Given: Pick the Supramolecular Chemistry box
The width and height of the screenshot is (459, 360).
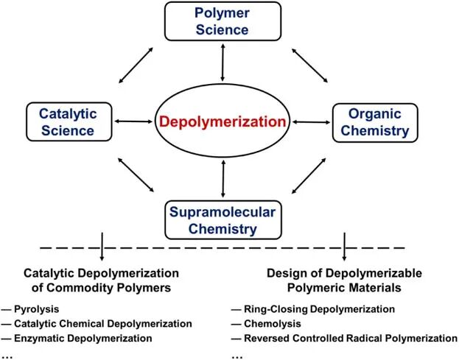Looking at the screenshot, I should [223, 220].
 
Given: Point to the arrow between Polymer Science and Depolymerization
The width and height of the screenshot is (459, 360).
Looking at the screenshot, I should [223, 63].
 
